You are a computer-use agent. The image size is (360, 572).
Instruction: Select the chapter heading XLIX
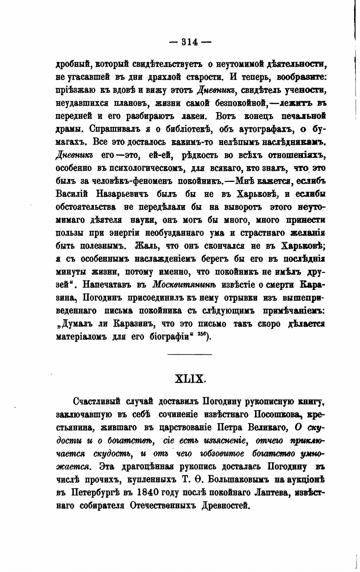click(x=190, y=378)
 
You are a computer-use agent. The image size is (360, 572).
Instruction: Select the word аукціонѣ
click(x=304, y=479)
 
